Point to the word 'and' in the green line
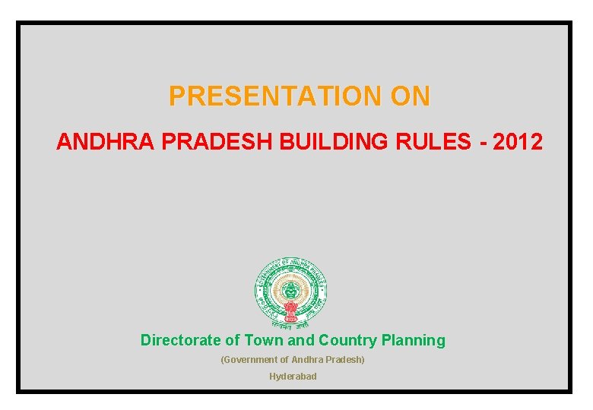[302, 340]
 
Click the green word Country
[347, 340]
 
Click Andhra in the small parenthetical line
[306, 359]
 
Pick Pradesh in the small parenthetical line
[344, 359]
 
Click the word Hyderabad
[293, 377]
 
